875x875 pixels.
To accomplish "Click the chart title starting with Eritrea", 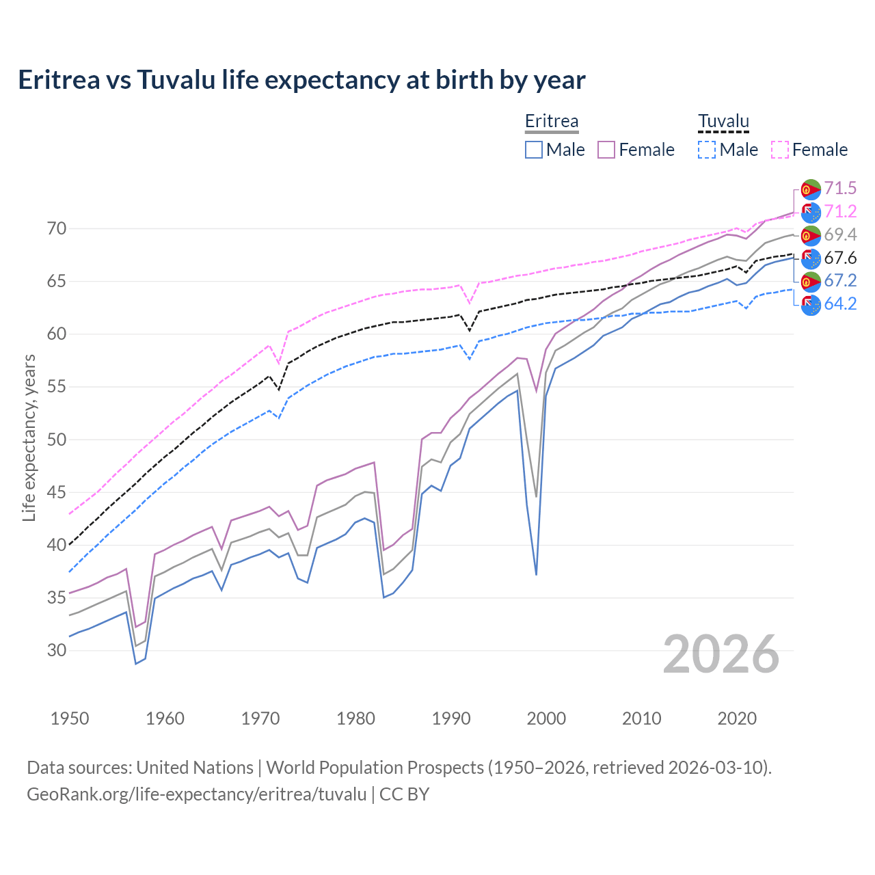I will click(301, 80).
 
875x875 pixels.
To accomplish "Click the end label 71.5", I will click(840, 189).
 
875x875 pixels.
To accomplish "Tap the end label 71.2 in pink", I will click(840, 212).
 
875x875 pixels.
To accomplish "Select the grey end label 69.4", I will click(840, 235).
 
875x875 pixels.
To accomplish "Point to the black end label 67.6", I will click(840, 258).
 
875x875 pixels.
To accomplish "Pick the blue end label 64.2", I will click(840, 304).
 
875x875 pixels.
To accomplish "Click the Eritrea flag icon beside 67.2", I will click(811, 281).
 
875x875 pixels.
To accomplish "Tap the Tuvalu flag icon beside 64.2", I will click(811, 305).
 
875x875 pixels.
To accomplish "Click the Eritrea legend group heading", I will click(552, 121).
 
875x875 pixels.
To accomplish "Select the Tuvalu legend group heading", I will click(723, 121).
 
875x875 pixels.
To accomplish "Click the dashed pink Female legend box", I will click(780, 150).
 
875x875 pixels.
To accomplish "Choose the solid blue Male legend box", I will click(534, 150).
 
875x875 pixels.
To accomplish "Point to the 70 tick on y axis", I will click(57, 228).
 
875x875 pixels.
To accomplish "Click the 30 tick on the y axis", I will click(57, 650).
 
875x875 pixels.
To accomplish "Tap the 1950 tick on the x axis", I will click(70, 718).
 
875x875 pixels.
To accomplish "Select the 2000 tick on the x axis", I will click(546, 718).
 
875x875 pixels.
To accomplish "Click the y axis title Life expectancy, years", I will click(29, 437).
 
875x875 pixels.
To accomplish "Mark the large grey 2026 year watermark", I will click(721, 654).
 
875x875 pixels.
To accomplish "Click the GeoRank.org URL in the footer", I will click(197, 794).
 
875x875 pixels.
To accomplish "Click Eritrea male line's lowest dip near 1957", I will click(136, 663).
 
